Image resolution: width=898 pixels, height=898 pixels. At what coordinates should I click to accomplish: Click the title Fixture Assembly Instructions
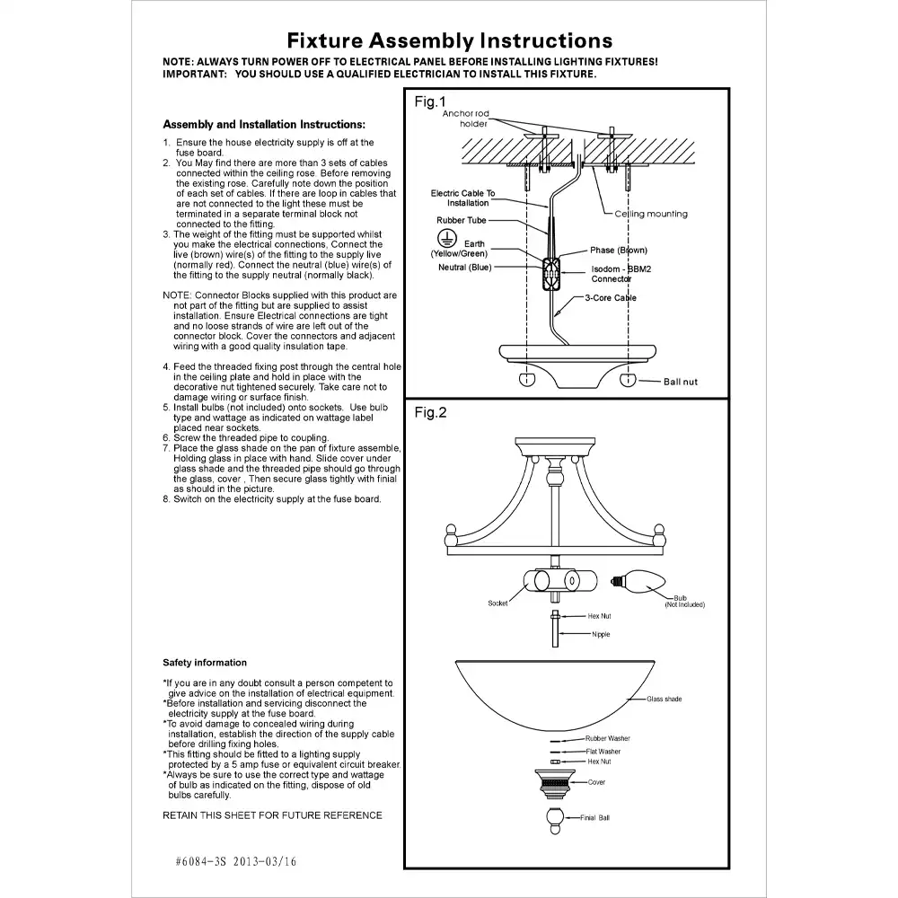pos(450,40)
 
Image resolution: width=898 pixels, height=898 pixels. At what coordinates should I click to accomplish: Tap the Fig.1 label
pos(430,102)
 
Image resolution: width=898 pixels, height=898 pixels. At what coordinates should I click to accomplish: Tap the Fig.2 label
pos(430,413)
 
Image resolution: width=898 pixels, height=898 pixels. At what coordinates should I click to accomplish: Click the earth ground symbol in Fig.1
pos(442,236)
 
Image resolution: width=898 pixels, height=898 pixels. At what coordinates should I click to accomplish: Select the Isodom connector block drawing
pos(550,269)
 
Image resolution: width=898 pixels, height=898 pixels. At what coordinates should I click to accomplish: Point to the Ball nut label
pos(680,383)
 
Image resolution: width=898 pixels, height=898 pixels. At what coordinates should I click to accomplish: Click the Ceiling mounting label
pos(651,214)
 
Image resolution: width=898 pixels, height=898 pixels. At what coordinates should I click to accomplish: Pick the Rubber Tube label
pos(462,220)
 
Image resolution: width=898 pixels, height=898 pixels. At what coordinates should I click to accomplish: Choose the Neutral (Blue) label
pos(465,268)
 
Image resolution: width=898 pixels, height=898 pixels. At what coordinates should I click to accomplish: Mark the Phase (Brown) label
pos(618,251)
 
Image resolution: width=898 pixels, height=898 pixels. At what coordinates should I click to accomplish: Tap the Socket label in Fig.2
pos(497,603)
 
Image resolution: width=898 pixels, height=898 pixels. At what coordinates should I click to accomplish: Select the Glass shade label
pos(665,699)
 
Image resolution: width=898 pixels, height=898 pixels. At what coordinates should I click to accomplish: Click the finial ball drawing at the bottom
pos(555,817)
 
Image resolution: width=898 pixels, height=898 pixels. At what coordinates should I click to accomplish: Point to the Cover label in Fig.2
pos(597,782)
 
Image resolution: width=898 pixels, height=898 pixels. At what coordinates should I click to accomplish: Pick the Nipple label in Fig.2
pos(601,635)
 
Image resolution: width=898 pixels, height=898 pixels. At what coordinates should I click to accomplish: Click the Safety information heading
pos(205,663)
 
